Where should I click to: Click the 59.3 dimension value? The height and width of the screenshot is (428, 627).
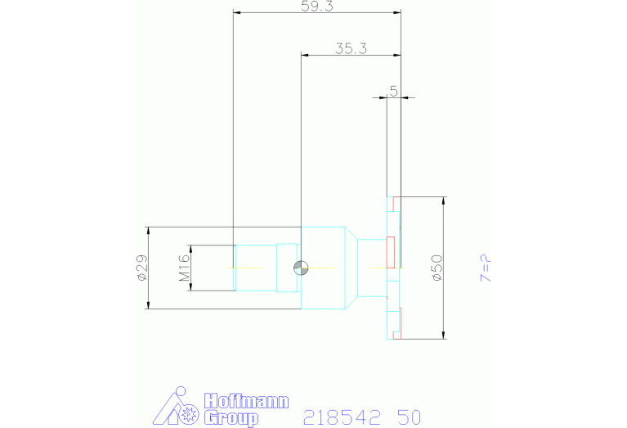tap(317, 6)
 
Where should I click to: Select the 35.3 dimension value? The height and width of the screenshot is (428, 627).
tap(351, 49)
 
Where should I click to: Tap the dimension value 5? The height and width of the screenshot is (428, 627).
tap(394, 92)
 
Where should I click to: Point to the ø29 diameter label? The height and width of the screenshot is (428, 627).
tap(142, 268)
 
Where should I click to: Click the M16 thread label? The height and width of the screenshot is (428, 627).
tap(184, 268)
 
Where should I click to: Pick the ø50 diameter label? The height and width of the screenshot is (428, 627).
tap(437, 268)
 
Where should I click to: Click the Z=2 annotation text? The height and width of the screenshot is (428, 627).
tap(486, 268)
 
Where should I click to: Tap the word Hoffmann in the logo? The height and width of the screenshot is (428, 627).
tap(246, 401)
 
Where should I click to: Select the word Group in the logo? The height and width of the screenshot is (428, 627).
tap(231, 418)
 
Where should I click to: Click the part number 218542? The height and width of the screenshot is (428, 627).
tap(342, 417)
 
